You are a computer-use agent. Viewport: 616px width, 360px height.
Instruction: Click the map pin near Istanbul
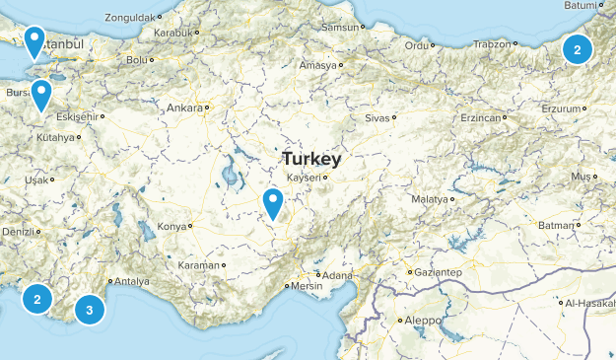coord(34,41)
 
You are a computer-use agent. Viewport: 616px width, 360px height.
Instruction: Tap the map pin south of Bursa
coord(41,95)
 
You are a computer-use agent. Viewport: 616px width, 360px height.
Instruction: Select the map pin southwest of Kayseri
coord(273,203)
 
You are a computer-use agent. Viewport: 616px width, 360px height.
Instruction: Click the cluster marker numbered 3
coord(90,311)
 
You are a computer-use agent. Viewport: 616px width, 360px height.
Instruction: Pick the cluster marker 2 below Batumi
coord(578,48)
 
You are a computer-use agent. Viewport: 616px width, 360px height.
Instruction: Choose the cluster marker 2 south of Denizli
coord(37,299)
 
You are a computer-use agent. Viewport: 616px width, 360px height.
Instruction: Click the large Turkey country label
coord(310,159)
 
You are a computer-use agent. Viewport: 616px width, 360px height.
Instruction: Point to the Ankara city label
coord(184,108)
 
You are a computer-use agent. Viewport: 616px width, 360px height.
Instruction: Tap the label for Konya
coord(171,227)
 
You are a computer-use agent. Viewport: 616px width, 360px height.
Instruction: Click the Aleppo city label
coord(419,321)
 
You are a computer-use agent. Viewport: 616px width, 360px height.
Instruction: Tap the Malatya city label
coord(429,199)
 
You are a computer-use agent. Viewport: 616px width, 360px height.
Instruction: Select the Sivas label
coord(377,117)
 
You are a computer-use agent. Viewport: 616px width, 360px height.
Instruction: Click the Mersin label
coord(305,287)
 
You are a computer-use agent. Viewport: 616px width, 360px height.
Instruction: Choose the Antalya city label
coord(131,282)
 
